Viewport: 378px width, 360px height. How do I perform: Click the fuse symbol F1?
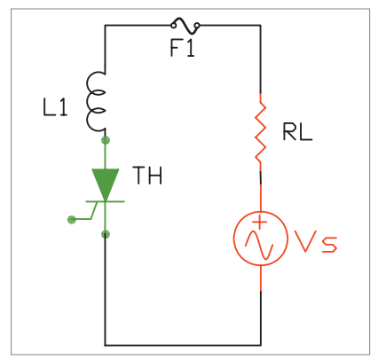tap(185, 26)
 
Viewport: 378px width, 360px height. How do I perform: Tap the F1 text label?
tap(183, 48)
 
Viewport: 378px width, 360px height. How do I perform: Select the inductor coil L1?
tap(95, 101)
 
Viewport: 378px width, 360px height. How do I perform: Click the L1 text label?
tap(55, 107)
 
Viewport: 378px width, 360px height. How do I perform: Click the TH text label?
tap(148, 176)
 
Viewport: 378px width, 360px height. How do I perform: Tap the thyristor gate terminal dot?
tap(72, 220)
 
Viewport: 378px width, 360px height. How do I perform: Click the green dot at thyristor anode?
tap(106, 140)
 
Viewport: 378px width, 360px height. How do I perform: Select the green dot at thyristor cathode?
tap(106, 235)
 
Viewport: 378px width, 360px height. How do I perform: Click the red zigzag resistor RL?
tap(261, 132)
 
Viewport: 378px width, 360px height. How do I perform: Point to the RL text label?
tap(297, 132)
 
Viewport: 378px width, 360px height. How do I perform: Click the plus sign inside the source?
tap(260, 223)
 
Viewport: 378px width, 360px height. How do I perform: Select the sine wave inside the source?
tap(259, 243)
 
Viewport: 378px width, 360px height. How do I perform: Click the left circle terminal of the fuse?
tap(174, 25)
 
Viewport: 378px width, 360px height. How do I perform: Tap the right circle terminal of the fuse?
tap(197, 25)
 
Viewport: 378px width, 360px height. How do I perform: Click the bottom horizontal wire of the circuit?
tap(183, 345)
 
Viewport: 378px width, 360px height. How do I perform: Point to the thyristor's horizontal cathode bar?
tap(105, 201)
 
